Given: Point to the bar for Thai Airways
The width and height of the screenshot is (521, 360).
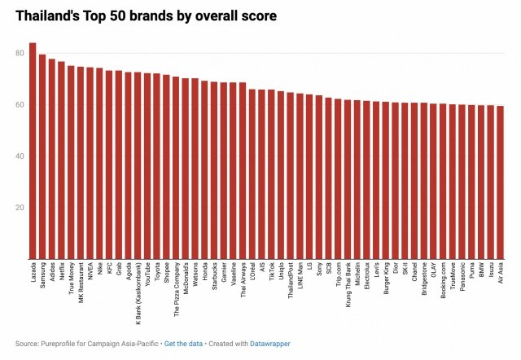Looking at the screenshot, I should click(x=243, y=170).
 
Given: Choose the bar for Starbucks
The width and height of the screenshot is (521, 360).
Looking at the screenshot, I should click(x=213, y=170).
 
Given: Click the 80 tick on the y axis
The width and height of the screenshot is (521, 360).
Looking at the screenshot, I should click(x=17, y=54).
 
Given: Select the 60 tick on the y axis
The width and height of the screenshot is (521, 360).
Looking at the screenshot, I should click(x=17, y=105).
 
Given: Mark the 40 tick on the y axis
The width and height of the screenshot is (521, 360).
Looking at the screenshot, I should click(x=17, y=156).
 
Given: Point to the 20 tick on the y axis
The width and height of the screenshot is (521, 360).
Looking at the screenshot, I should click(x=17, y=208).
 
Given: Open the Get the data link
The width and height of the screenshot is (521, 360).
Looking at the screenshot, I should click(x=183, y=344).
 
